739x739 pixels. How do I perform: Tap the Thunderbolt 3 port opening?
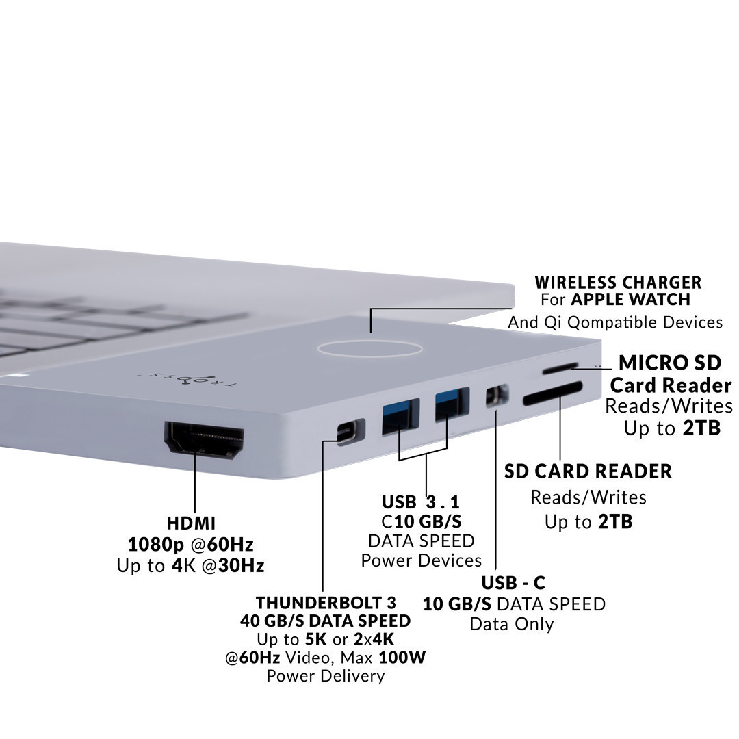[x=347, y=433]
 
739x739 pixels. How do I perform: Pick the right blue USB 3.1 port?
[x=451, y=404]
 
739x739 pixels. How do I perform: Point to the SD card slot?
[x=552, y=393]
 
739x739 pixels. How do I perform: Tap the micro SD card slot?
[x=560, y=367]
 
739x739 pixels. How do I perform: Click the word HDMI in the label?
[x=191, y=523]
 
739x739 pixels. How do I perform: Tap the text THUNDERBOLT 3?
[x=326, y=602]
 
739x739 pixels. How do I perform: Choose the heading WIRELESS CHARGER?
[x=618, y=283]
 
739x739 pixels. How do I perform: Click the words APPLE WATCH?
[x=631, y=299]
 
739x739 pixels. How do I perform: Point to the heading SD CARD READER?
[x=588, y=471]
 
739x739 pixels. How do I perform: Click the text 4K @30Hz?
[x=218, y=565]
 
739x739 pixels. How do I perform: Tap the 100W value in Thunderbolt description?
[x=402, y=657]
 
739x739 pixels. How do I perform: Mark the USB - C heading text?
[x=513, y=583]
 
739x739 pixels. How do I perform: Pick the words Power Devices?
[x=422, y=560]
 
